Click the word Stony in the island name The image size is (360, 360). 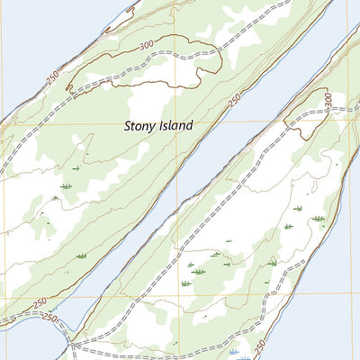[141, 127]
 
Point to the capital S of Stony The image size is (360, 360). [129, 127]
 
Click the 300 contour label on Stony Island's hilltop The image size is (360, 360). [147, 45]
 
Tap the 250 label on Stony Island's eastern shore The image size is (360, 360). [235, 102]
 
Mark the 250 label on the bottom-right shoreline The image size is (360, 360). [261, 345]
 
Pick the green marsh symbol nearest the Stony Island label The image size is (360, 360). [76, 167]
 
